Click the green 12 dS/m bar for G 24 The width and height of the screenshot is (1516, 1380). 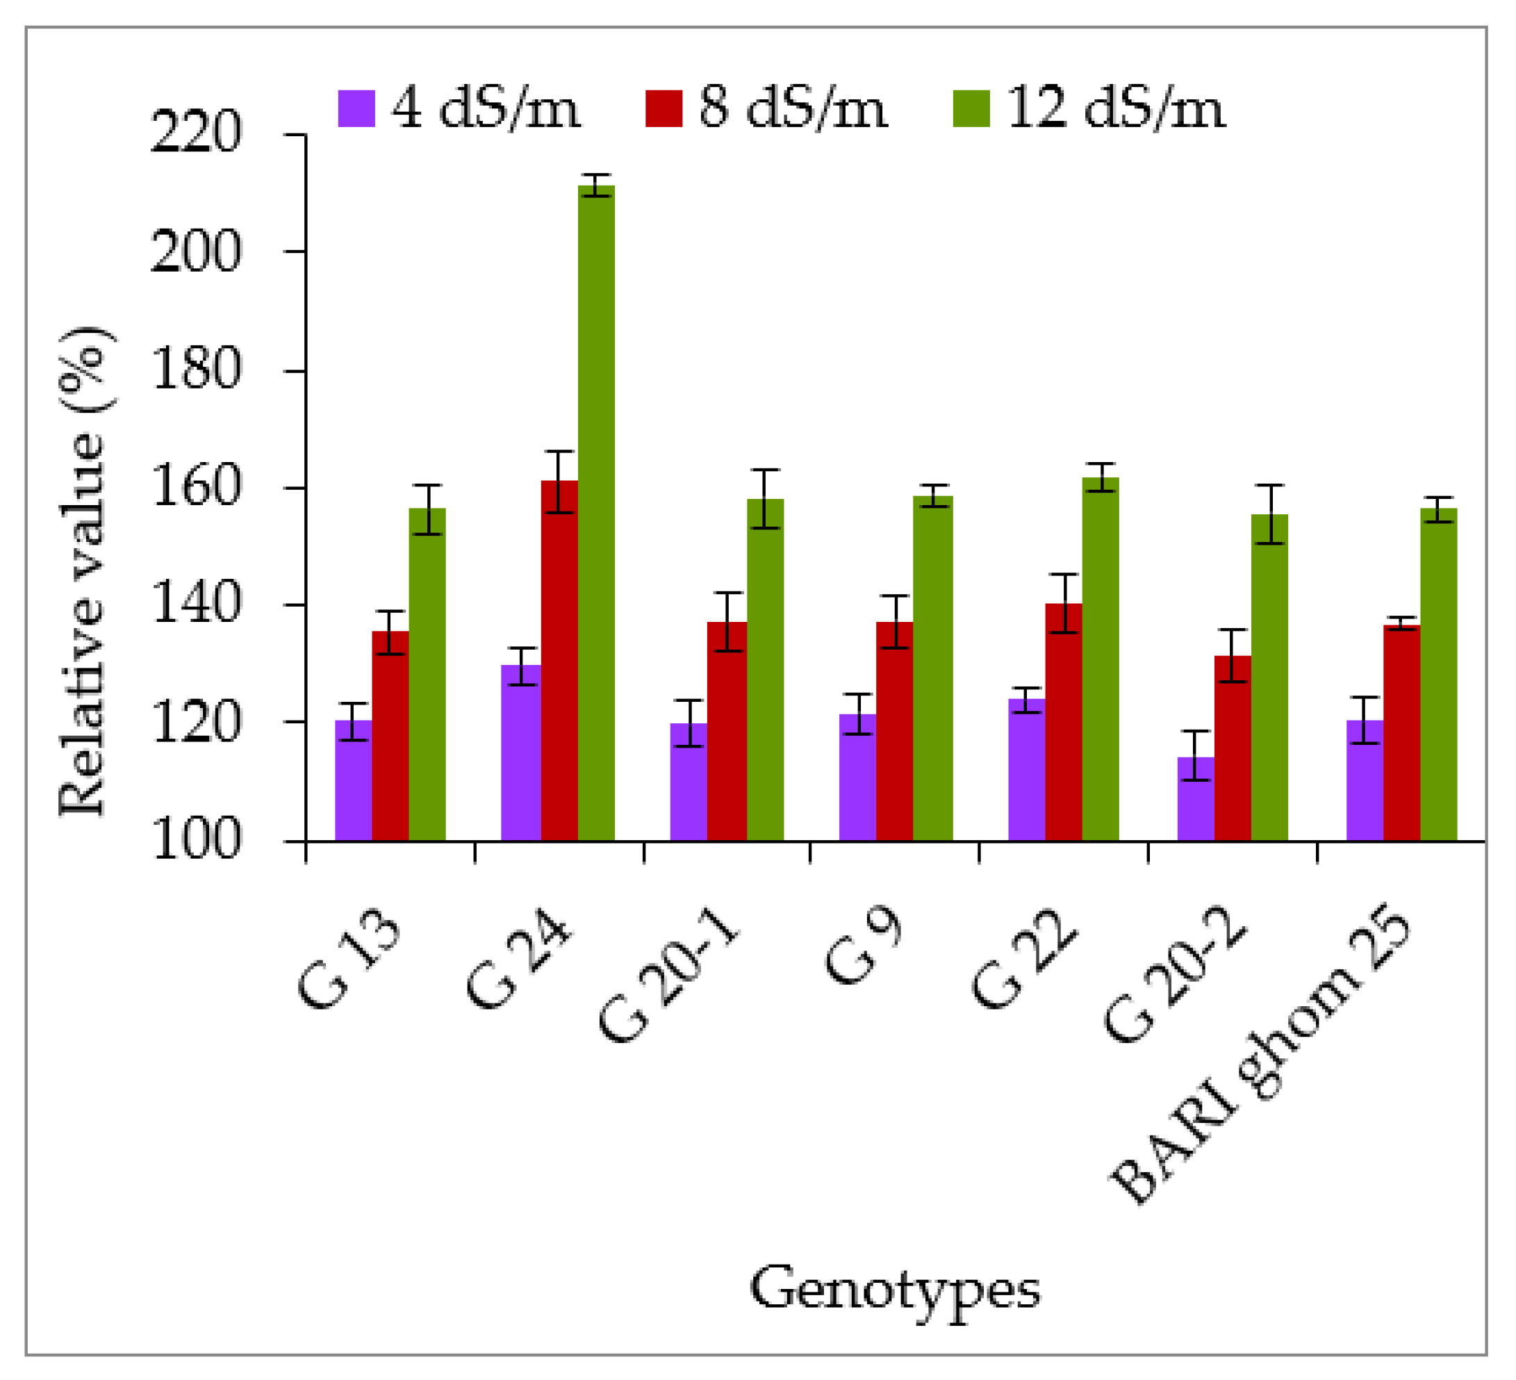click(x=595, y=511)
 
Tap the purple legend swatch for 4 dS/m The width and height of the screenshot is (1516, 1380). click(x=356, y=108)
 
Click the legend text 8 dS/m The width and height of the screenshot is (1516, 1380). click(x=793, y=108)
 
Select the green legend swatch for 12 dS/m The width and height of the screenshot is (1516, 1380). click(x=971, y=108)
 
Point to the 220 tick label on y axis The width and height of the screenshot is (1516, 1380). click(x=197, y=134)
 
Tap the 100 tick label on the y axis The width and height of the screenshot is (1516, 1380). click(x=197, y=840)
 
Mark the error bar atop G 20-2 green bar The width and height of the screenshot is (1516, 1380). click(x=1269, y=514)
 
